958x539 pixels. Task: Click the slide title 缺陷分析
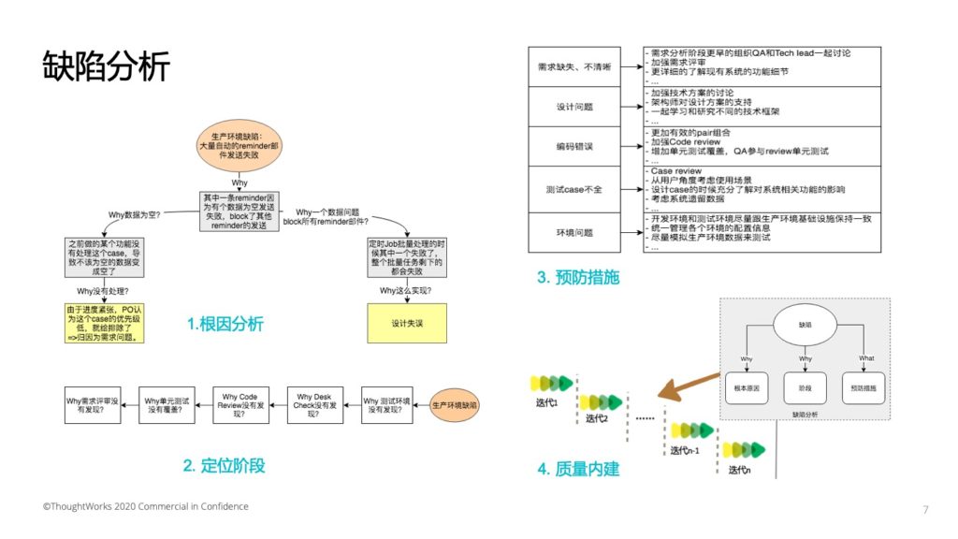[x=106, y=66]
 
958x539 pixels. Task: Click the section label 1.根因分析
[x=225, y=325]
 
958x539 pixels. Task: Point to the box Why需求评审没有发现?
[x=92, y=405]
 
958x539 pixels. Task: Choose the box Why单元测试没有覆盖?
[x=166, y=405]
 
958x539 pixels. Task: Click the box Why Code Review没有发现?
[x=240, y=405]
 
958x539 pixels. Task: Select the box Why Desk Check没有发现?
[x=313, y=405]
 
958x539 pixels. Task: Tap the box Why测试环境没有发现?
[x=386, y=405]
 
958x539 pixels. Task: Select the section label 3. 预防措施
[x=578, y=277]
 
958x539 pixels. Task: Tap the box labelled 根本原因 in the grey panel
[x=747, y=386]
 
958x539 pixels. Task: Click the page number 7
[x=925, y=509]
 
